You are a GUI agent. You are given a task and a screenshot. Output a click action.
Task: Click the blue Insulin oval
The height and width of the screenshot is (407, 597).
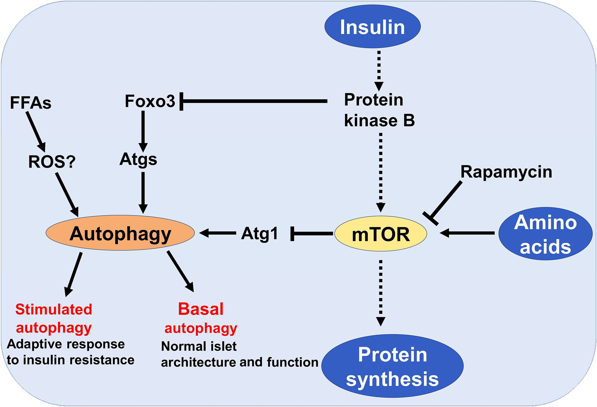coord(372,26)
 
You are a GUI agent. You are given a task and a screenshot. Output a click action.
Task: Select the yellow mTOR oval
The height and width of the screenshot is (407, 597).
coord(381,234)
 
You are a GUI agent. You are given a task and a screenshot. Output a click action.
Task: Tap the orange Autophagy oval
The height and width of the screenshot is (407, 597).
coord(120,233)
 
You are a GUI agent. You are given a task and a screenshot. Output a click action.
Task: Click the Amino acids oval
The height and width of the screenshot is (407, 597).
coord(545,234)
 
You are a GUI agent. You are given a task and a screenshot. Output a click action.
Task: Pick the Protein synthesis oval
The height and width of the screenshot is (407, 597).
coord(392,366)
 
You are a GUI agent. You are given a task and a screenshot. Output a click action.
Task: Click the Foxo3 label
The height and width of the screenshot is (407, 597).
coord(150,101)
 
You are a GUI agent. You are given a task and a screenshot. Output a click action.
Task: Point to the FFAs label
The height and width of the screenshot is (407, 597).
coord(31,103)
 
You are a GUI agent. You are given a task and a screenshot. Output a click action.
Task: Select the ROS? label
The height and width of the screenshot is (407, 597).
coord(52,162)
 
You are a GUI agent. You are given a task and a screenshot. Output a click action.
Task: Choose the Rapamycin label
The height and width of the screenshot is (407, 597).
coord(506,172)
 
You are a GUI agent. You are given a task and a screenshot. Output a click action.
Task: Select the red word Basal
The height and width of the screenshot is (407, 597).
coord(201,309)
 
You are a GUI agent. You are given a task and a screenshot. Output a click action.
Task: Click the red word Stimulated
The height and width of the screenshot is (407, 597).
coord(54,309)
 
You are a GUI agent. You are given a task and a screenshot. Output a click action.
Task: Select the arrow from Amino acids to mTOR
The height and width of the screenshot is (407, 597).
coord(467,233)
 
